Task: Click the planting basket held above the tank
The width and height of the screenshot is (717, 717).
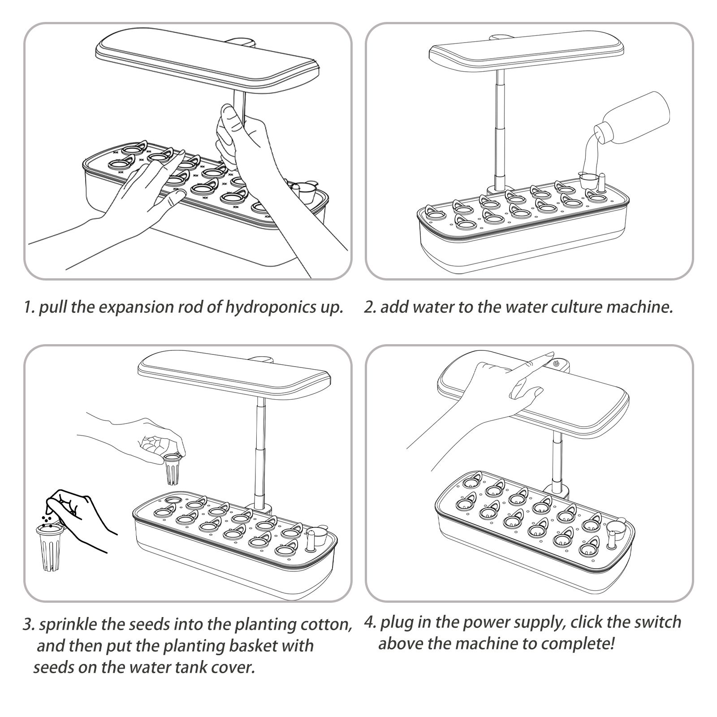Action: (x=173, y=469)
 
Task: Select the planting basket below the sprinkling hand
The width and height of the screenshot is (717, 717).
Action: (x=51, y=548)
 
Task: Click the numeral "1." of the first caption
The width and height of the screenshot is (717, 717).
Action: (x=29, y=308)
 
